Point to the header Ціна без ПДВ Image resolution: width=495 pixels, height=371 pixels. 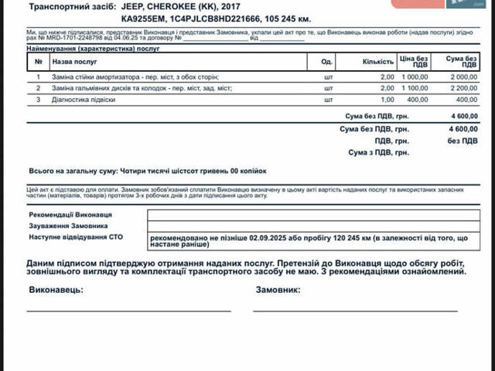[x=414, y=61]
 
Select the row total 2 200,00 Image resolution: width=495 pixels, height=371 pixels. [x=463, y=88]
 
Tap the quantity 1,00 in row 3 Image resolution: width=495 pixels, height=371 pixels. [x=387, y=100]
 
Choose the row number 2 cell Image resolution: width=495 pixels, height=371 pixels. [x=38, y=88]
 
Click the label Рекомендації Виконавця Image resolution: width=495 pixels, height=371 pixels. [x=70, y=214]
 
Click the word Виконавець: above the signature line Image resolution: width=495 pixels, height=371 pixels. [x=55, y=290]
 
